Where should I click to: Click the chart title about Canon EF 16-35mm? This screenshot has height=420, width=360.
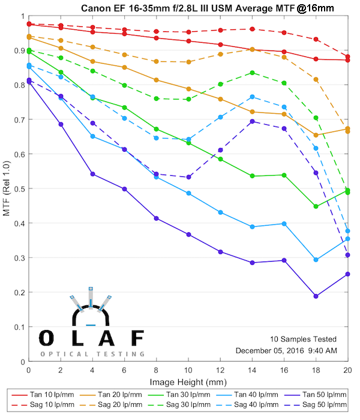[207, 7]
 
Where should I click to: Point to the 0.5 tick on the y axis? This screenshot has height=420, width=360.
[19, 188]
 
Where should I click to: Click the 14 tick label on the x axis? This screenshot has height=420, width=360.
[252, 371]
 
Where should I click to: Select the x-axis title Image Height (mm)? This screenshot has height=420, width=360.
[188, 382]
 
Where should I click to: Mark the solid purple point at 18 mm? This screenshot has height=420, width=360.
[316, 296]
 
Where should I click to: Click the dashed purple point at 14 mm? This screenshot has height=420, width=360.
[252, 121]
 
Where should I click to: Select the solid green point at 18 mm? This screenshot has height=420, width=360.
[316, 206]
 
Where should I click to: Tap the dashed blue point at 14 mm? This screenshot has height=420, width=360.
[252, 97]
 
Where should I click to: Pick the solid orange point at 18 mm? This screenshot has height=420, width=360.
[316, 135]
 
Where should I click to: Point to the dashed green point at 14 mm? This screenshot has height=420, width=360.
[252, 73]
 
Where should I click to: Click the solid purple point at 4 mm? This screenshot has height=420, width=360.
[92, 174]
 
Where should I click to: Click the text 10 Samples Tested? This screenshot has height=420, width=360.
[302, 339]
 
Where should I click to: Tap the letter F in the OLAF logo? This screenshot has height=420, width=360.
[137, 338]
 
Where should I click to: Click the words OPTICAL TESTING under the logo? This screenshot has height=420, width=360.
[92, 354]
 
